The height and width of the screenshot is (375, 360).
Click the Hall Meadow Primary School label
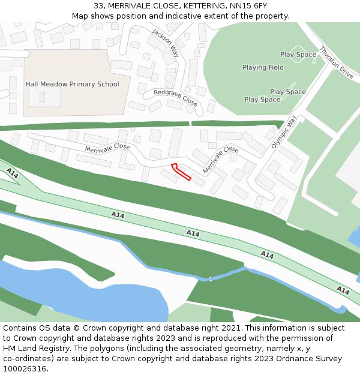pyautogui.click(x=72, y=85)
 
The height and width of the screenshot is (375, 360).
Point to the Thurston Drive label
pyautogui.click(x=337, y=62)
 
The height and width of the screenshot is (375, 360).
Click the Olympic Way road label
pyautogui.click(x=284, y=133)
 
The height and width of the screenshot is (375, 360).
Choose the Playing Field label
pyautogui.click(x=263, y=68)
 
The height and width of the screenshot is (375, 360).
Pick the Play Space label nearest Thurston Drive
pyautogui.click(x=298, y=55)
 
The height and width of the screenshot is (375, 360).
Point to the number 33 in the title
pyautogui.click(x=98, y=6)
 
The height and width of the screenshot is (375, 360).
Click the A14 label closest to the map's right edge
pyautogui.click(x=343, y=290)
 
